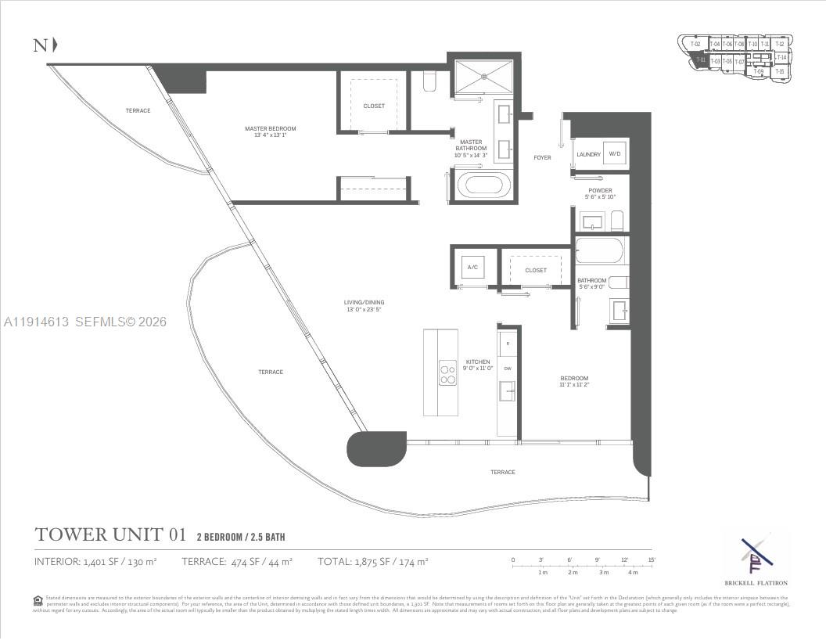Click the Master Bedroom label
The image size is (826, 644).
[270, 132]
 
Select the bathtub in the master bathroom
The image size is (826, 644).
[483, 186]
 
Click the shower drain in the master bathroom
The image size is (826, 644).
[484, 77]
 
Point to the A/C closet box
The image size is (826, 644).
[472, 267]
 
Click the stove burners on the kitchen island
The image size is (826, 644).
[448, 372]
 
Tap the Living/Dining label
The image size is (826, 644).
[364, 306]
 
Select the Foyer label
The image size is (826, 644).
[542, 158]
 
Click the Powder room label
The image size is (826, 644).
[600, 193]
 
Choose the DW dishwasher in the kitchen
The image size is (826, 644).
[508, 369]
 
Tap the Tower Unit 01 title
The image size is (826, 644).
[110, 535]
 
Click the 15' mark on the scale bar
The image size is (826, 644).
[651, 560]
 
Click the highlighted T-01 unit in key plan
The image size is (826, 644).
[700, 59]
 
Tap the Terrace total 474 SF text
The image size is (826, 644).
[237, 562]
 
